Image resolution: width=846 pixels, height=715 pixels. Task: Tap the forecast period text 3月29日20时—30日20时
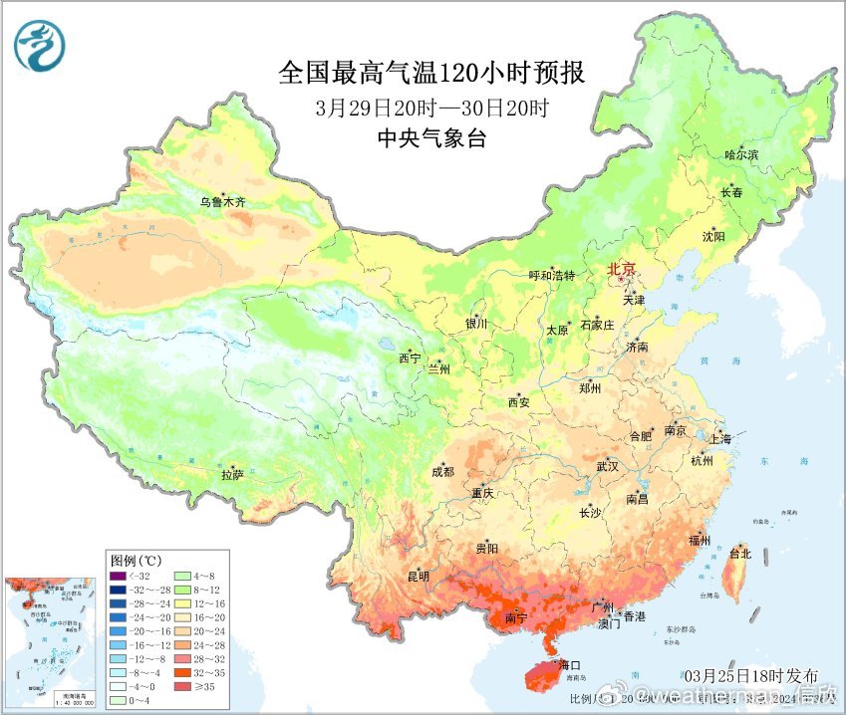[x=432, y=108]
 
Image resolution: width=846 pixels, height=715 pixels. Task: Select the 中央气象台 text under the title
[x=432, y=139]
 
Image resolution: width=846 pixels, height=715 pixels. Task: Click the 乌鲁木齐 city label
[x=221, y=202]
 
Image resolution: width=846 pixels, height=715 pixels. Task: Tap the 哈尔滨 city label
[x=740, y=155]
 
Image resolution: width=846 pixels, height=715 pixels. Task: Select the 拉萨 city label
[x=232, y=476]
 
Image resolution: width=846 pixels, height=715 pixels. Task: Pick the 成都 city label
[x=443, y=472]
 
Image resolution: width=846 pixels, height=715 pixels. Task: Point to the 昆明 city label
[x=418, y=577]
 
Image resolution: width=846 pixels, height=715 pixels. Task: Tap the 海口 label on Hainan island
[x=570, y=664]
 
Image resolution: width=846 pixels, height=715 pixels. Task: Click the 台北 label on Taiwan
[x=740, y=553]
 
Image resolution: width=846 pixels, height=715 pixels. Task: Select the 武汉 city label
[x=607, y=466]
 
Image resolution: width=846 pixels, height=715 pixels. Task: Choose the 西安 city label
[x=519, y=402]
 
